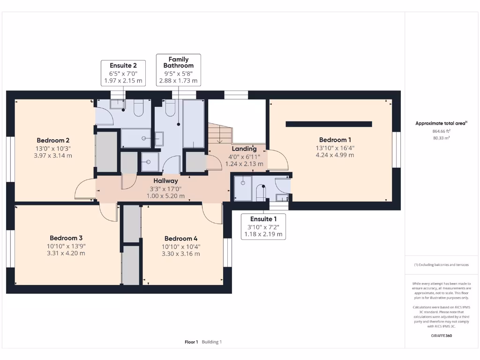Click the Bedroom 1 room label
[335, 140]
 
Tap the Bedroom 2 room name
[53, 141]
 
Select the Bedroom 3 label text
[66, 238]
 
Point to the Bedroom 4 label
[181, 239]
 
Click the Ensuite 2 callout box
[123, 73]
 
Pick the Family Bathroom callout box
[179, 70]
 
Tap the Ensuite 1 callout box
[263, 226]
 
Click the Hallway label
[165, 181]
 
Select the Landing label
[244, 149]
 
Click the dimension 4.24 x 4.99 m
[335, 155]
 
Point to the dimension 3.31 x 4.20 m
[66, 253]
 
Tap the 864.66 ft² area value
[441, 131]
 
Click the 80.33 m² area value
[441, 138]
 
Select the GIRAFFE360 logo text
[441, 336]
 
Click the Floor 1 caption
[191, 342]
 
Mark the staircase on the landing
[220, 134]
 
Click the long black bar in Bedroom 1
[329, 124]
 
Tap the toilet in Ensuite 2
[138, 108]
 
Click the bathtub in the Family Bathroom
[194, 124]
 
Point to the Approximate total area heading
[441, 123]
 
